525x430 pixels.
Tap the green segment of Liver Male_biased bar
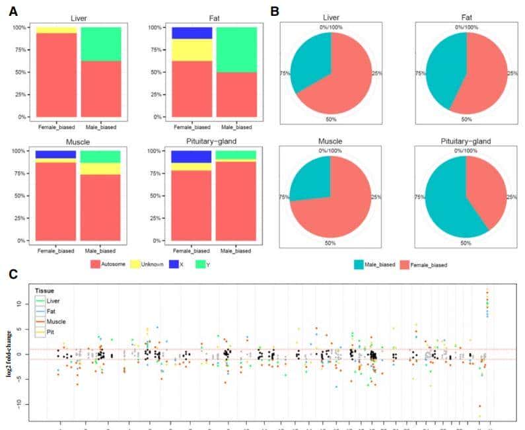pos(100,44)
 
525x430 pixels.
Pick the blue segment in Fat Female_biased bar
pos(192,33)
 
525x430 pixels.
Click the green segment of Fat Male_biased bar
pos(235,50)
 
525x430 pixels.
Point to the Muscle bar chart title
pos(79,141)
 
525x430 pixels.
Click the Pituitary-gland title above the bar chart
pos(213,141)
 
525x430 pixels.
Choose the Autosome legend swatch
pos(95,264)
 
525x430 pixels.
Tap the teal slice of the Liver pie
pos(310,63)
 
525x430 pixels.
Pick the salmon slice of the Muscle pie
pos(343,205)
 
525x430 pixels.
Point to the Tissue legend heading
pos(46,290)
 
